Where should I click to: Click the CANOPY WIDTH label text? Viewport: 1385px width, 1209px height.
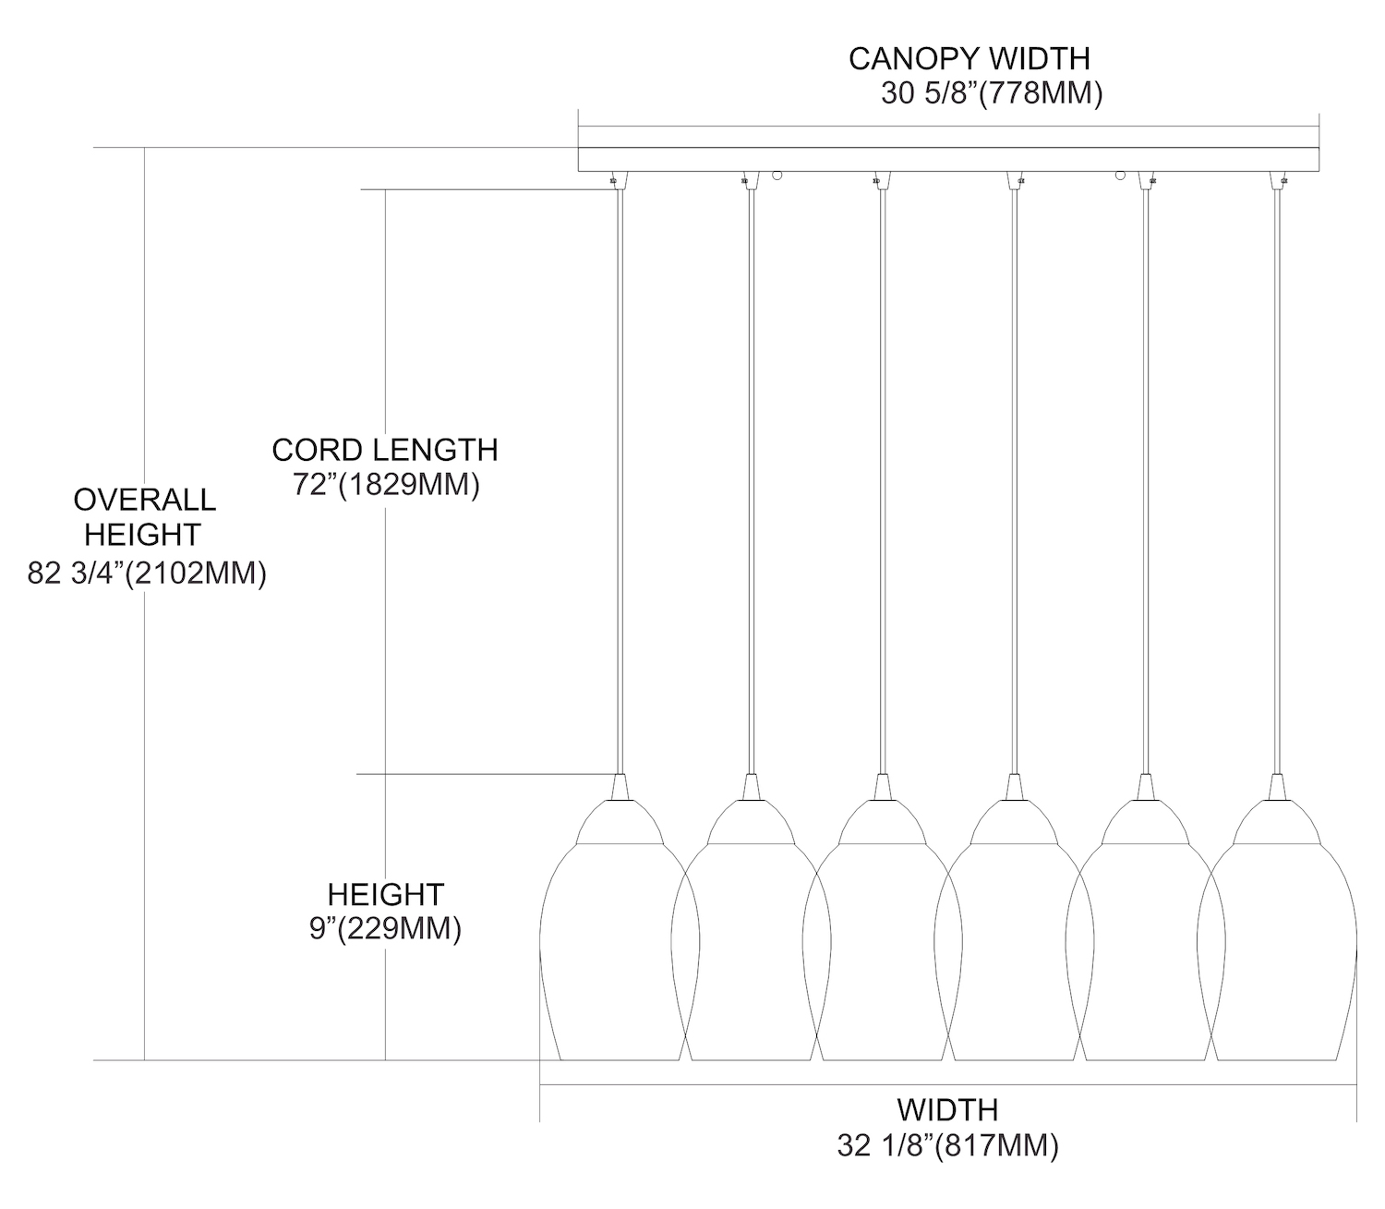point(969,58)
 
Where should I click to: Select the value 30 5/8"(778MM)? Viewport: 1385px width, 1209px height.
point(992,94)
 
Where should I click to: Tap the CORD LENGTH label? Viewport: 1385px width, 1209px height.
point(384,450)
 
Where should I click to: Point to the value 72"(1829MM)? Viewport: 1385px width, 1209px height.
point(386,485)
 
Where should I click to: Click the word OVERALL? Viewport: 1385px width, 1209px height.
point(144,500)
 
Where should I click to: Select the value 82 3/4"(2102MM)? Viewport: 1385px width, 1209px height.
point(147,574)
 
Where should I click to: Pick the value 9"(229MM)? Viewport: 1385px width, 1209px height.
point(385,928)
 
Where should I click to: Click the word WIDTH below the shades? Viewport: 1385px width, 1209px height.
point(947,1109)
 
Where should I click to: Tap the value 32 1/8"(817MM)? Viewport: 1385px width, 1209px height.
point(947,1146)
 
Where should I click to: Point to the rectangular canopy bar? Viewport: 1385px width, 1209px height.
point(947,159)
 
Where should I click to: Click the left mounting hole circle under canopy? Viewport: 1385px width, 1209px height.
point(777,175)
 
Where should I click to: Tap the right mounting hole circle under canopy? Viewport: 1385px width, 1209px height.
point(1121,175)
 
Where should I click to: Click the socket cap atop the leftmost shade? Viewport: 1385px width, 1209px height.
point(620,787)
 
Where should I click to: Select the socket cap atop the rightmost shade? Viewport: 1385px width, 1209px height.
point(1278,787)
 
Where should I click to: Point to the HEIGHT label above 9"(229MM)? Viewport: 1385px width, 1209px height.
point(385,894)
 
